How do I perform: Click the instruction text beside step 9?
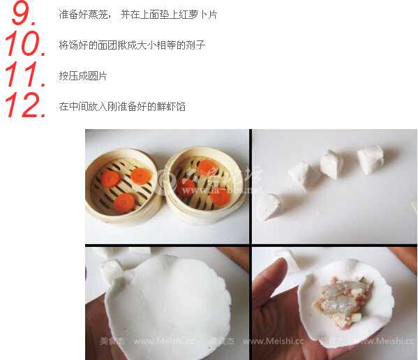click(137, 15)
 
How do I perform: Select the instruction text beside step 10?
click(132, 45)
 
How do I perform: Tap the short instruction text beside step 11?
click(83, 76)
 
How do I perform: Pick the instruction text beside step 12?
click(122, 107)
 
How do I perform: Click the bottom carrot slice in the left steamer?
click(124, 202)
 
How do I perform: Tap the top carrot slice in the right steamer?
click(207, 167)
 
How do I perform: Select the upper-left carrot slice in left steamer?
click(110, 179)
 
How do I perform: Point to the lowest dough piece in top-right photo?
click(267, 207)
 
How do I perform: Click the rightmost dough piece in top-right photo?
click(371, 158)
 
